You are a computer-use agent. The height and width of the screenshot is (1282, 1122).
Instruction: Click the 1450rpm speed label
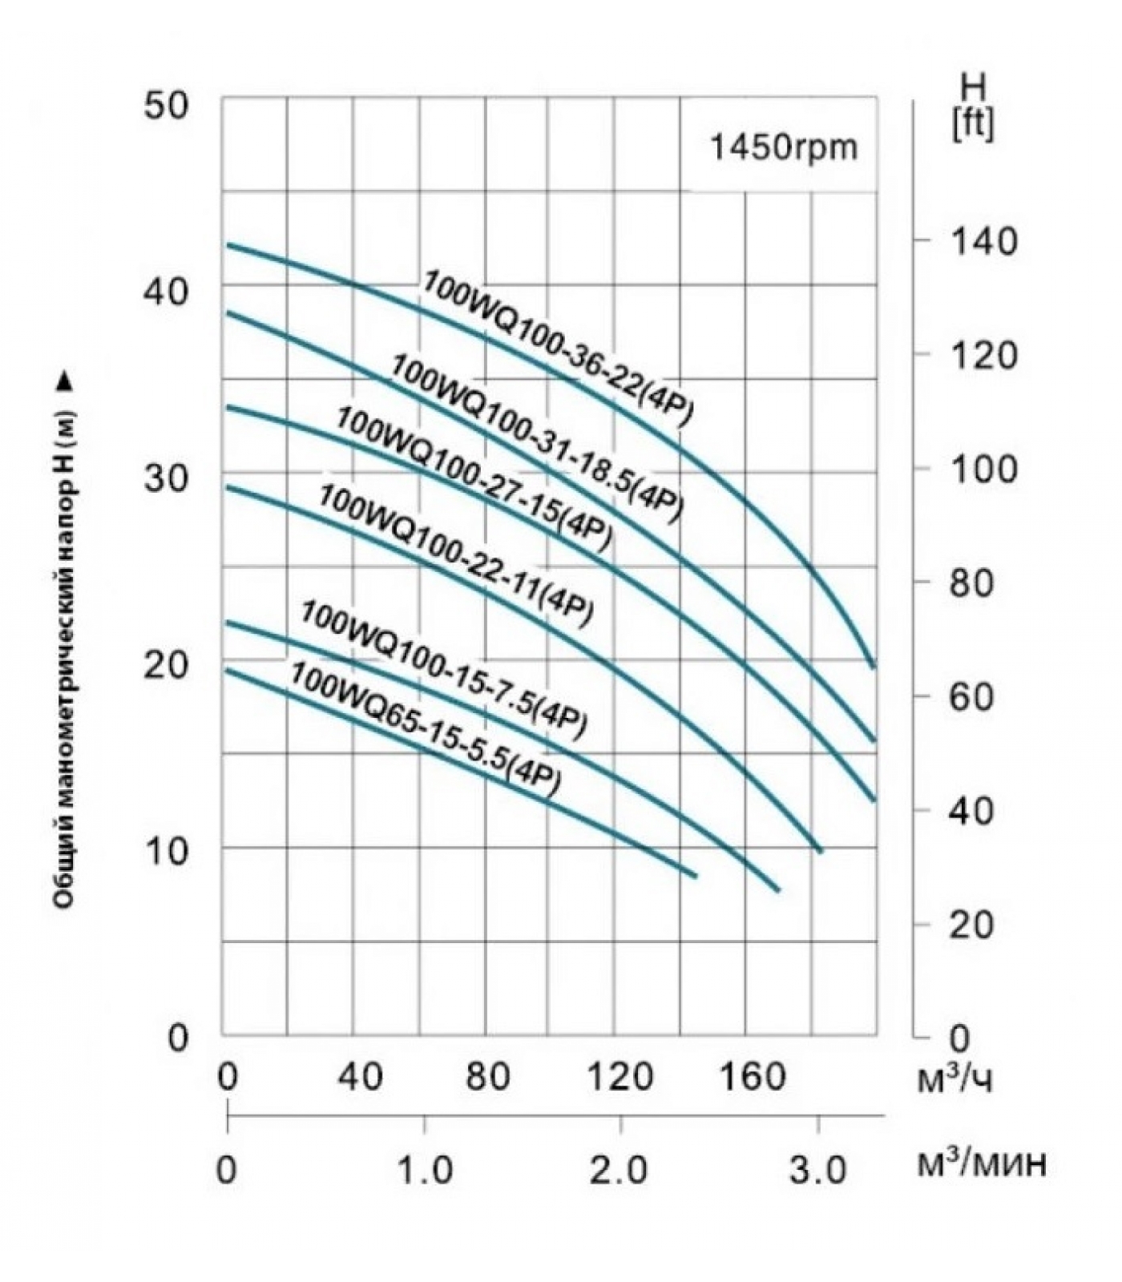784,147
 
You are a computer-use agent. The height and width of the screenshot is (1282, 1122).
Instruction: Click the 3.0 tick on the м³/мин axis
817,1171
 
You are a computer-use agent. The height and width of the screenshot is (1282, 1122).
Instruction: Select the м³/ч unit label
954,1081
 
